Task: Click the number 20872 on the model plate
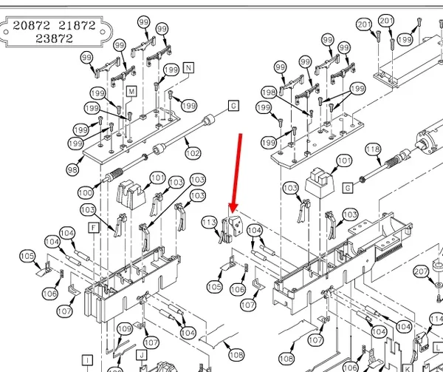pyautogui.click(x=31, y=25)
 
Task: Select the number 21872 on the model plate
pyautogui.click(x=77, y=25)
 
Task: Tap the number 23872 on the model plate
pyautogui.click(x=54, y=38)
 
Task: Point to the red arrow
pyautogui.click(x=237, y=173)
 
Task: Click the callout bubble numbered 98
pyautogui.click(x=72, y=170)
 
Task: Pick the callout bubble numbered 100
pyautogui.click(x=86, y=193)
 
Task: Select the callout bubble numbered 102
pyautogui.click(x=193, y=153)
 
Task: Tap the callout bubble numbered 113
pyautogui.click(x=210, y=223)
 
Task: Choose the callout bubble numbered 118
pyautogui.click(x=373, y=149)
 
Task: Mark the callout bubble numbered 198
pyautogui.click(x=269, y=92)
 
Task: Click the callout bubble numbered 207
pyautogui.click(x=421, y=272)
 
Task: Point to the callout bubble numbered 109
pyautogui.click(x=125, y=328)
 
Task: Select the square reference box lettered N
pyautogui.click(x=189, y=68)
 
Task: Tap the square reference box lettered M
pyautogui.click(x=131, y=92)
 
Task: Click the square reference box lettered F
pyautogui.click(x=94, y=228)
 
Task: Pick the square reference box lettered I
pyautogui.click(x=87, y=360)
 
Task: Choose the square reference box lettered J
pyautogui.click(x=142, y=355)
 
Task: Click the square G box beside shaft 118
pyautogui.click(x=348, y=188)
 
